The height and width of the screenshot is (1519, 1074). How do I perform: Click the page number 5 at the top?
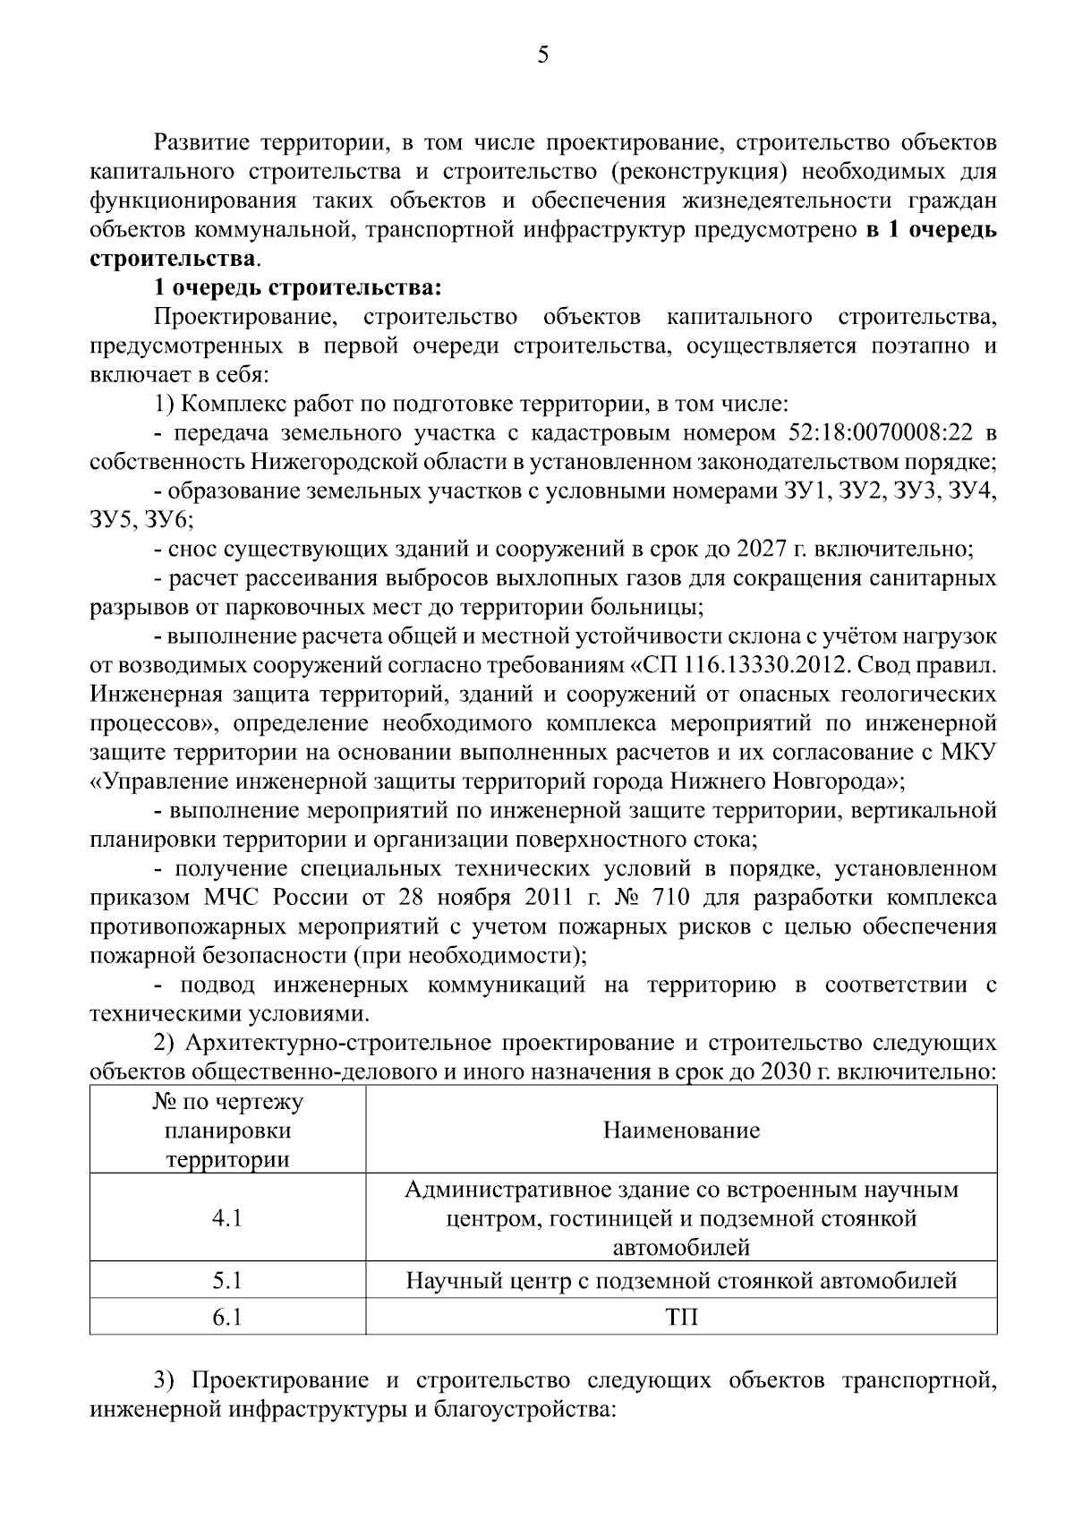tap(542, 56)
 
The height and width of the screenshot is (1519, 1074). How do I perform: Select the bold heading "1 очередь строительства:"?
tap(297, 288)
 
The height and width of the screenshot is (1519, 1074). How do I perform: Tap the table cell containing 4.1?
tap(227, 1218)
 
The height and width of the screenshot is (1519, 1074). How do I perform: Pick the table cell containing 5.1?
tap(227, 1281)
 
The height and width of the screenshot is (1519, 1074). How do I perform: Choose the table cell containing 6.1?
tap(227, 1318)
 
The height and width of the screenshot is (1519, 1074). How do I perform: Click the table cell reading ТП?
tap(681, 1318)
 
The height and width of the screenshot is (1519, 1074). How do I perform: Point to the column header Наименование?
tap(681, 1131)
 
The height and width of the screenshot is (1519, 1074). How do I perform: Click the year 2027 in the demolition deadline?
tap(763, 550)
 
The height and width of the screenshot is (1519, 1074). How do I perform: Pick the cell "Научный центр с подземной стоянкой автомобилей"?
tap(681, 1281)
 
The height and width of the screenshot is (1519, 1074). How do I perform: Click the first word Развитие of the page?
tap(202, 143)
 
